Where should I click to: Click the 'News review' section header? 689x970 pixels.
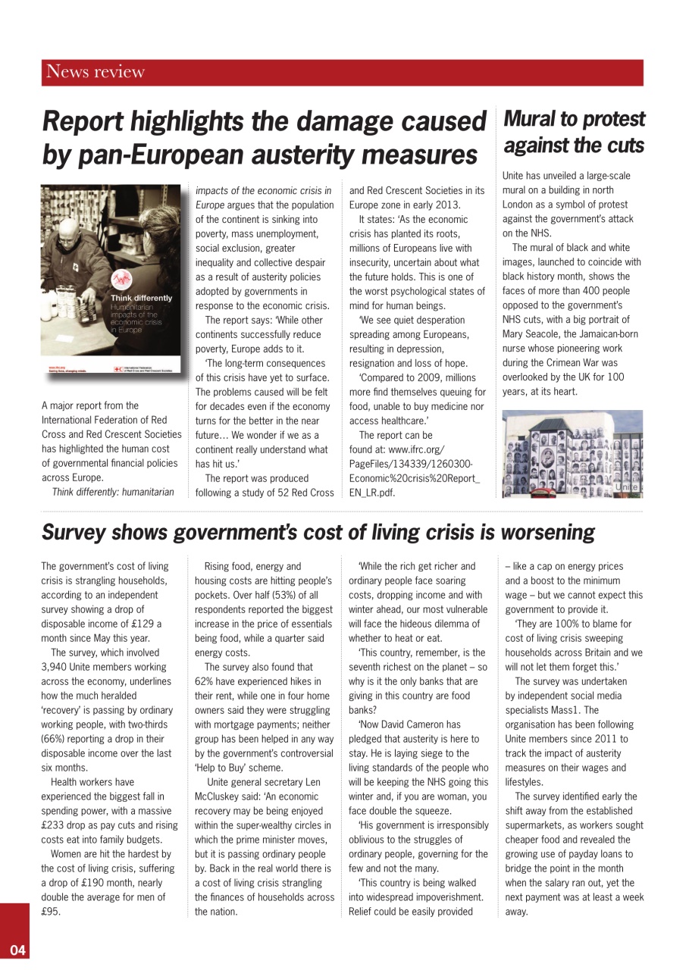[x=96, y=73]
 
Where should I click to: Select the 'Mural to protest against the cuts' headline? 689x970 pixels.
[x=574, y=131]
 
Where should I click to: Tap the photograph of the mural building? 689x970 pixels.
[x=572, y=454]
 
